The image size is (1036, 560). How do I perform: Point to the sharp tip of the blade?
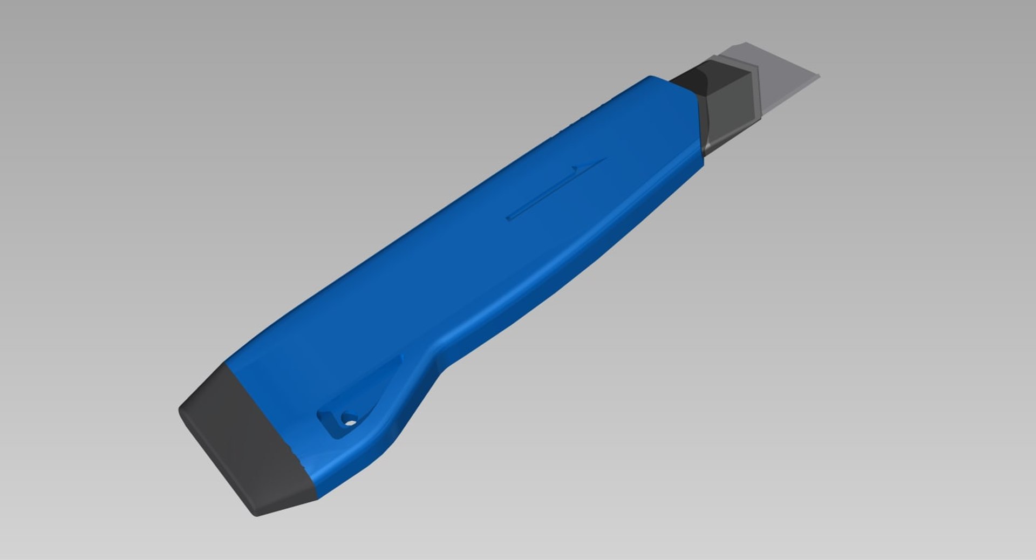point(819,76)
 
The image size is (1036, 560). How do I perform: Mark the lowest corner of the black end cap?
point(257,515)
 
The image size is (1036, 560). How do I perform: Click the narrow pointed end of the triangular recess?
point(400,357)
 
